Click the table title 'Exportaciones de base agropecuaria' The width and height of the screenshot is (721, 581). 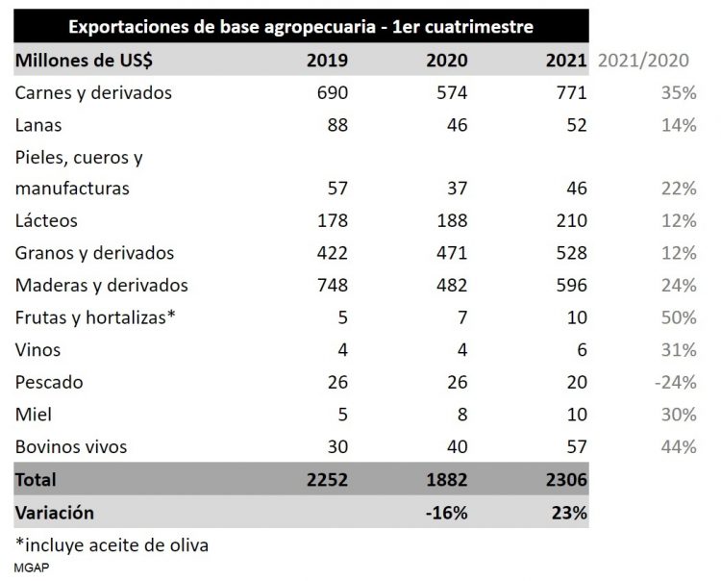tap(301, 25)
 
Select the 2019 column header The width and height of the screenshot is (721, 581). tap(327, 60)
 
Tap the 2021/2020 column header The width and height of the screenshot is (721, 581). tap(643, 60)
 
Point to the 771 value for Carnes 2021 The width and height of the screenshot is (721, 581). tap(567, 92)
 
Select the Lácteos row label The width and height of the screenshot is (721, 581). tap(46, 221)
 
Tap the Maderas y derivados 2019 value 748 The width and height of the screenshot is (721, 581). tap(330, 286)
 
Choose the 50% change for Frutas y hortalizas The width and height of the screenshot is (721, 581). tap(679, 317)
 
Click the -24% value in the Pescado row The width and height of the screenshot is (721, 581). tap(675, 382)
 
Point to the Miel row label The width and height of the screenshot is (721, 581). tap(34, 415)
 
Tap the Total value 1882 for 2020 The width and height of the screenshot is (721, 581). tap(445, 479)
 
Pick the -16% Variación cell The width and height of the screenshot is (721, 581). tap(448, 512)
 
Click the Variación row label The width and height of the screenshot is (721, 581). tap(54, 512)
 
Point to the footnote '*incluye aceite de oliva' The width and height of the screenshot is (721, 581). tap(112, 544)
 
